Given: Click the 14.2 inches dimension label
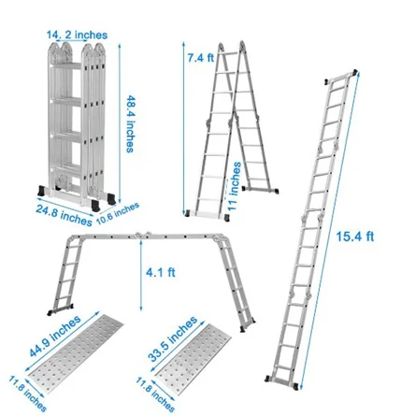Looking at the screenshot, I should (x=77, y=35).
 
